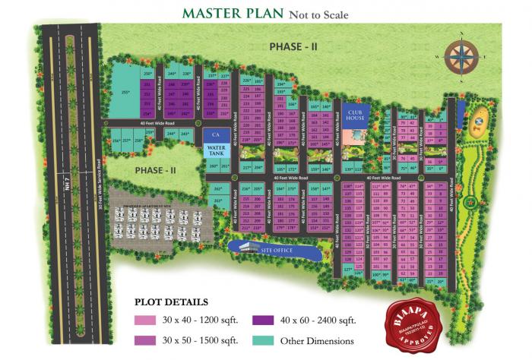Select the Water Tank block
coord(217,150)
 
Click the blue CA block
coord(216,134)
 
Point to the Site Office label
coord(277,248)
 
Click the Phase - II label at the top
coord(289,46)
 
